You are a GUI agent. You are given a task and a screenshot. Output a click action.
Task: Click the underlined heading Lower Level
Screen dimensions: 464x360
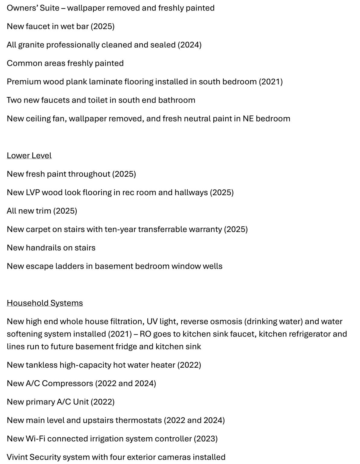coord(29,156)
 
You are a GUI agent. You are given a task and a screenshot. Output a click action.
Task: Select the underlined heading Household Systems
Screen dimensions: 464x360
coord(45,303)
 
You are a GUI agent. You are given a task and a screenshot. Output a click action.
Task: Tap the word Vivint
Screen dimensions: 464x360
coord(17,457)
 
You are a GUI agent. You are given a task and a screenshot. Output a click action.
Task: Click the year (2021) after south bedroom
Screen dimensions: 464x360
coord(271,82)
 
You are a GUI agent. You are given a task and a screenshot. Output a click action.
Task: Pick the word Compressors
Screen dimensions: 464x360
coord(67,383)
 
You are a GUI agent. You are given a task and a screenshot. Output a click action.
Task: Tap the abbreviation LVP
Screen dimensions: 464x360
coord(33,192)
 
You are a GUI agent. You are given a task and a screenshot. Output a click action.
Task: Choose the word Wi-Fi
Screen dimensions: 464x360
coord(36,439)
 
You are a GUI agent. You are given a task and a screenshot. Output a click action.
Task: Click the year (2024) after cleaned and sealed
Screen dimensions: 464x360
coord(190,45)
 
